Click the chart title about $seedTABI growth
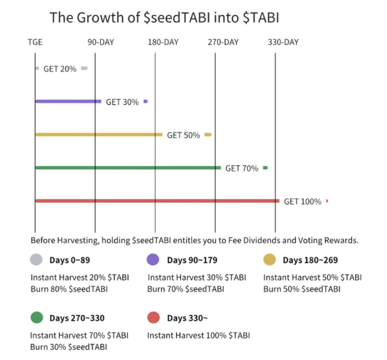[x=164, y=17]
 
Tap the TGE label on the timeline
[x=35, y=42]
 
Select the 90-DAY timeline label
[x=101, y=42]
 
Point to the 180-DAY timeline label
[x=163, y=42]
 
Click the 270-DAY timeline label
[x=223, y=42]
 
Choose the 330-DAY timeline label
[x=283, y=42]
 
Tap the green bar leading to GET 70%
[x=128, y=168]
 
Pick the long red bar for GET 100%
[x=156, y=201]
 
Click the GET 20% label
[x=60, y=69]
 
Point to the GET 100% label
[x=302, y=202]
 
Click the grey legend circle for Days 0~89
[x=36, y=260]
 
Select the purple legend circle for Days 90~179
[x=153, y=260]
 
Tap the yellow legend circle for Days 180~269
[x=270, y=260]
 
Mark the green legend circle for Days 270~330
[x=36, y=318]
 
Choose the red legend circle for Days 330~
[x=153, y=318]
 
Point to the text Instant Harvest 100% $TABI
[x=198, y=335]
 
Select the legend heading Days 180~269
[x=310, y=260]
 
